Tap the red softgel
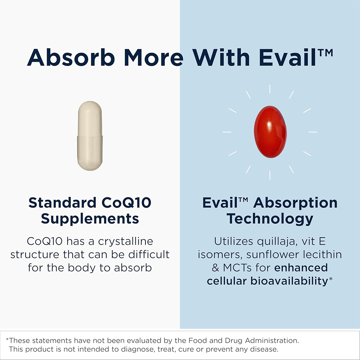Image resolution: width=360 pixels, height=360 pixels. (270, 132)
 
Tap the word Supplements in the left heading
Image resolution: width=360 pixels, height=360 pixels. (90, 219)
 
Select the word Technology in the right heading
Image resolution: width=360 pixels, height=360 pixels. (270, 219)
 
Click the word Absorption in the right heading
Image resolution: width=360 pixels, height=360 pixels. (295, 203)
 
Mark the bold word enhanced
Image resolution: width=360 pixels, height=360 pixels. (301, 268)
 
